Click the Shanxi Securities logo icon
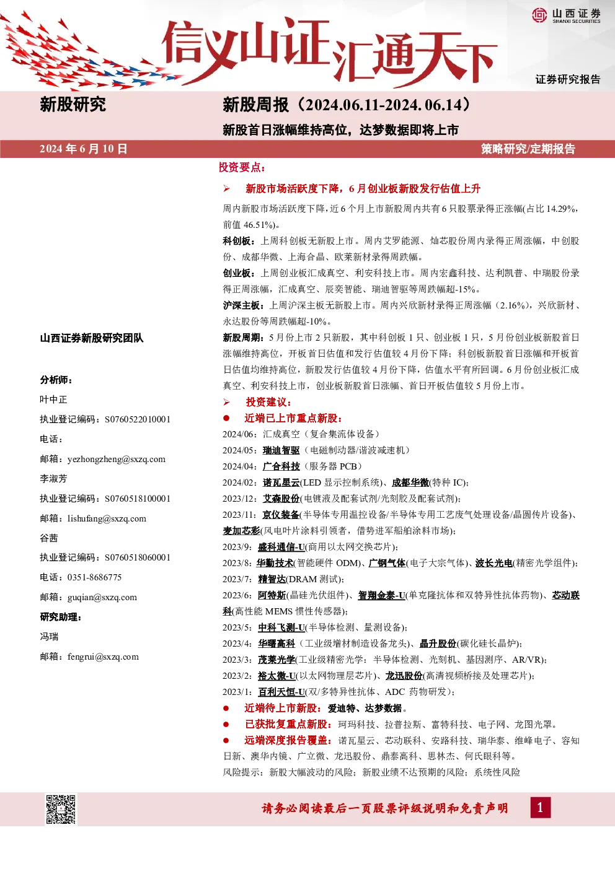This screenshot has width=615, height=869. click(539, 15)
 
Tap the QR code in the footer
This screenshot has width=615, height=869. click(61, 809)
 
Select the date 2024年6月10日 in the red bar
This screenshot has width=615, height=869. click(84, 149)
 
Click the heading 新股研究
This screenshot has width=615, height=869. click(73, 105)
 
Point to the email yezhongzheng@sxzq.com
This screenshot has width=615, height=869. click(117, 459)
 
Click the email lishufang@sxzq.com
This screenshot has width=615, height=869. click(107, 518)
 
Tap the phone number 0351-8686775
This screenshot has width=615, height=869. click(94, 577)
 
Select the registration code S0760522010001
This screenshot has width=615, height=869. click(138, 419)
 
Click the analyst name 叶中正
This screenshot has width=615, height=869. click(53, 400)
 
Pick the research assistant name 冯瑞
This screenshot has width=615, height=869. click(49, 637)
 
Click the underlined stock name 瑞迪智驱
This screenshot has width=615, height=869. click(281, 450)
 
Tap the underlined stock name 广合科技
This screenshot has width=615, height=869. click(281, 466)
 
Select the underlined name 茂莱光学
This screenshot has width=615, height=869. click(277, 660)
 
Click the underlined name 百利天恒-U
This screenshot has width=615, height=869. click(281, 692)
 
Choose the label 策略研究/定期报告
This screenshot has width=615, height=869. click(528, 149)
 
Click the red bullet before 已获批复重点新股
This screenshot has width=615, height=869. click(226, 724)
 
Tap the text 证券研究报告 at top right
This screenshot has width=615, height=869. click(568, 79)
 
